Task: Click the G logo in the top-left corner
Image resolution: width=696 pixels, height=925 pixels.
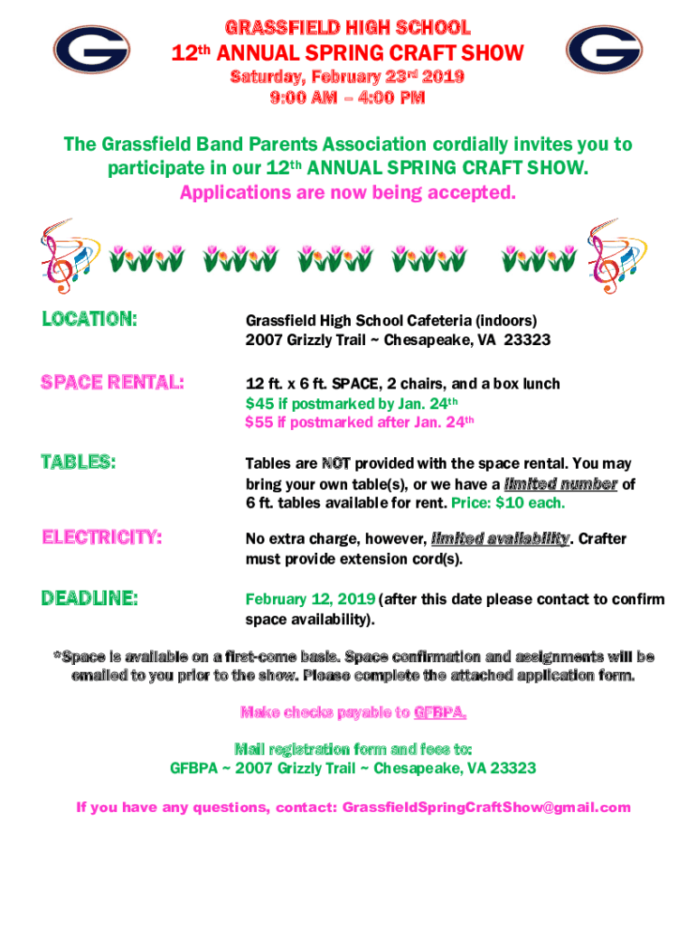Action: point(89,50)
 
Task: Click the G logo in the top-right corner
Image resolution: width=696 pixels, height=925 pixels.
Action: point(604,50)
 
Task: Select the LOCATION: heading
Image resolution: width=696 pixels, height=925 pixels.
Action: point(89,319)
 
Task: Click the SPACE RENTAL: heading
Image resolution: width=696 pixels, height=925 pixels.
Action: point(113,383)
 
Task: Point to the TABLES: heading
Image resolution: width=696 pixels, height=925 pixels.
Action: point(79,462)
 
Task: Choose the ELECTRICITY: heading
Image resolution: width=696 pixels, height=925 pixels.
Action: point(102,538)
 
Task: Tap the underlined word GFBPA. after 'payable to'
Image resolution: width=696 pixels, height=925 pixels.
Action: point(440,713)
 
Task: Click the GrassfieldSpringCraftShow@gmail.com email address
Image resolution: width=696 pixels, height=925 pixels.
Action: point(486,808)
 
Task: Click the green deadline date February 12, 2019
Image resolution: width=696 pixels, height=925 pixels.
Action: point(311,600)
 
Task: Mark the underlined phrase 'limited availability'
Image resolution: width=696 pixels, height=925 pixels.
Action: point(501,539)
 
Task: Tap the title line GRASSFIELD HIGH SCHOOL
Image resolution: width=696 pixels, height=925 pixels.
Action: point(347,27)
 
